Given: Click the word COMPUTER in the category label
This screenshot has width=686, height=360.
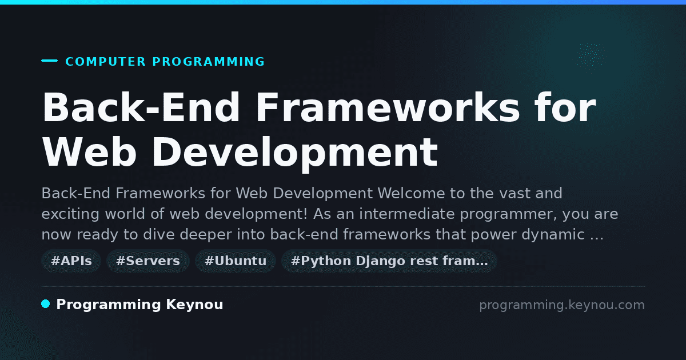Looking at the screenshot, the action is coord(106,62).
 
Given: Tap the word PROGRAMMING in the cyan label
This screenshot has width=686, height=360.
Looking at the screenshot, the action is coord(209,62).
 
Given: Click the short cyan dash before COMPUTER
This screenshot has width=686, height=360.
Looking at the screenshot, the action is coord(49,61).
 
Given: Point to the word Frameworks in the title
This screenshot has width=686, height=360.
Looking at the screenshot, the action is coord(388,107).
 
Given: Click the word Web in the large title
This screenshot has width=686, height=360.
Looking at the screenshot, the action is coord(89,152).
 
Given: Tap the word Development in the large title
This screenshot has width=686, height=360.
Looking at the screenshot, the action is coord(295,154).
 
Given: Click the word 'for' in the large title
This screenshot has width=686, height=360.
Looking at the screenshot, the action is coord(565,107).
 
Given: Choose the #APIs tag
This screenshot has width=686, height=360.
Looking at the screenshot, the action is coord(71,261).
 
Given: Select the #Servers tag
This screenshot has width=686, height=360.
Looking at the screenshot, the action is coord(148,261).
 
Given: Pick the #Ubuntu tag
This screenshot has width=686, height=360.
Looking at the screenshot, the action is coord(236,261).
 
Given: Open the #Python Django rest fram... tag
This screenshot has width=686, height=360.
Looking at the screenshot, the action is coord(389,261).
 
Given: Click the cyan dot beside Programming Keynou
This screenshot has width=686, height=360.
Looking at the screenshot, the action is coord(46,304).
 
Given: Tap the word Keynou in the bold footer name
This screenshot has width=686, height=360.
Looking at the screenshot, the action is coord(194,305).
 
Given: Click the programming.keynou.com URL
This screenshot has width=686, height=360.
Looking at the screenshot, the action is coord(562,306).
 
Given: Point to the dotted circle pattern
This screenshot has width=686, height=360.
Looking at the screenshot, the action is coord(591,56).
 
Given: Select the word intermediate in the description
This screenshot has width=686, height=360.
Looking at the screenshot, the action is coord(407,214).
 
